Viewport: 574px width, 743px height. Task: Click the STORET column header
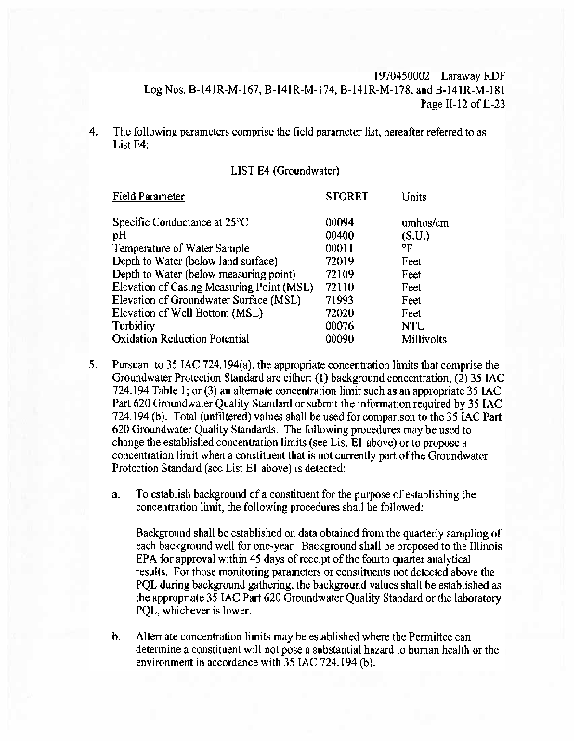(346, 196)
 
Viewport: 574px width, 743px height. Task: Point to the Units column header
(414, 197)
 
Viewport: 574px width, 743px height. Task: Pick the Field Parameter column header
(149, 196)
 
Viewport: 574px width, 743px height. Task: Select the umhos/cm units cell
(424, 222)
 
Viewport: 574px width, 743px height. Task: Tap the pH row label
(119, 235)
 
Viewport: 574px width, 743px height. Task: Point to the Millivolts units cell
(424, 339)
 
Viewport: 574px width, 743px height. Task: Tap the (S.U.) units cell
(415, 235)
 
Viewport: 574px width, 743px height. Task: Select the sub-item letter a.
(116, 495)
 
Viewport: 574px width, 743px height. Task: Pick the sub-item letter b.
(116, 638)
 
